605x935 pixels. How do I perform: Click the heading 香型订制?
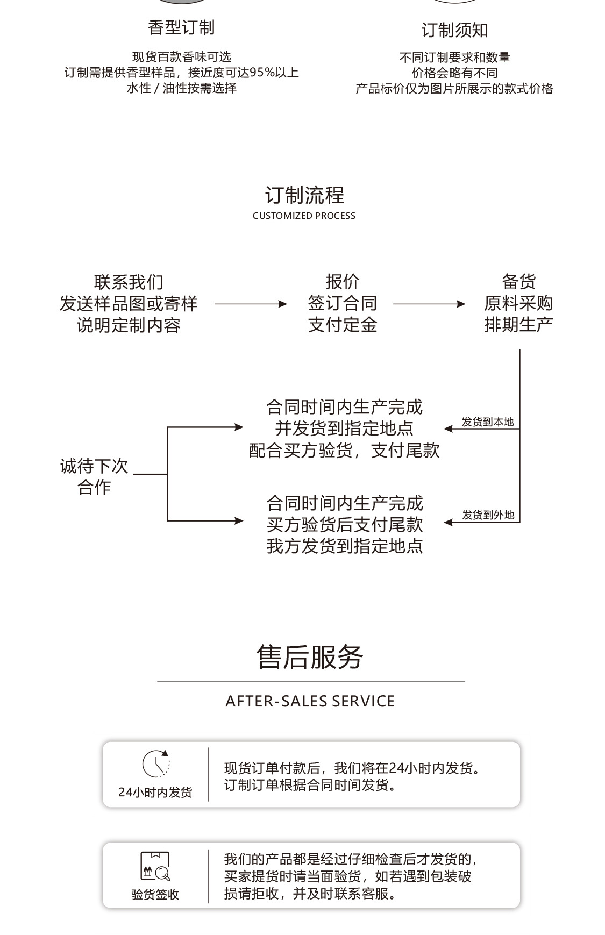coord(181,27)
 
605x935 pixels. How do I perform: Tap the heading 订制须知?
coord(454,30)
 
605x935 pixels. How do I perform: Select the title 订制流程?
coord(304,195)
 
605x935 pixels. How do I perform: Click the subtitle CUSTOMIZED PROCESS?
coord(304,216)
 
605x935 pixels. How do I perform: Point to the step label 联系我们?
coord(129,282)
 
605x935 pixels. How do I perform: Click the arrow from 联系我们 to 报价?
coord(251,304)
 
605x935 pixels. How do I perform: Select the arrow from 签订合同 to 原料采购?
coord(429,304)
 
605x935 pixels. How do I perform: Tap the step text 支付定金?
coord(343,325)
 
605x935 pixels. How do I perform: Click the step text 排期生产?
coord(518,325)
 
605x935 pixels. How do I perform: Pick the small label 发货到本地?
coord(488,422)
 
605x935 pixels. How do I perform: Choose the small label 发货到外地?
coord(488,515)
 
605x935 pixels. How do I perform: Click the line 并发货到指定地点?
coord(344,429)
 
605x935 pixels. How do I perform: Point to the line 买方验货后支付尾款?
coord(345,525)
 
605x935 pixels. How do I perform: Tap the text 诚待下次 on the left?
coord(94,466)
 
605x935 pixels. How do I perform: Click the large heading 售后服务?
coord(310,657)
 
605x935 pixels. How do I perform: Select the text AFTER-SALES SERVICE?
coord(310,701)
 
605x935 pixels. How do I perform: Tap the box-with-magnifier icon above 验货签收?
coord(155,866)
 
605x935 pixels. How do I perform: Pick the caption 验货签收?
coord(155,894)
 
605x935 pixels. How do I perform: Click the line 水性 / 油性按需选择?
coord(181,88)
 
